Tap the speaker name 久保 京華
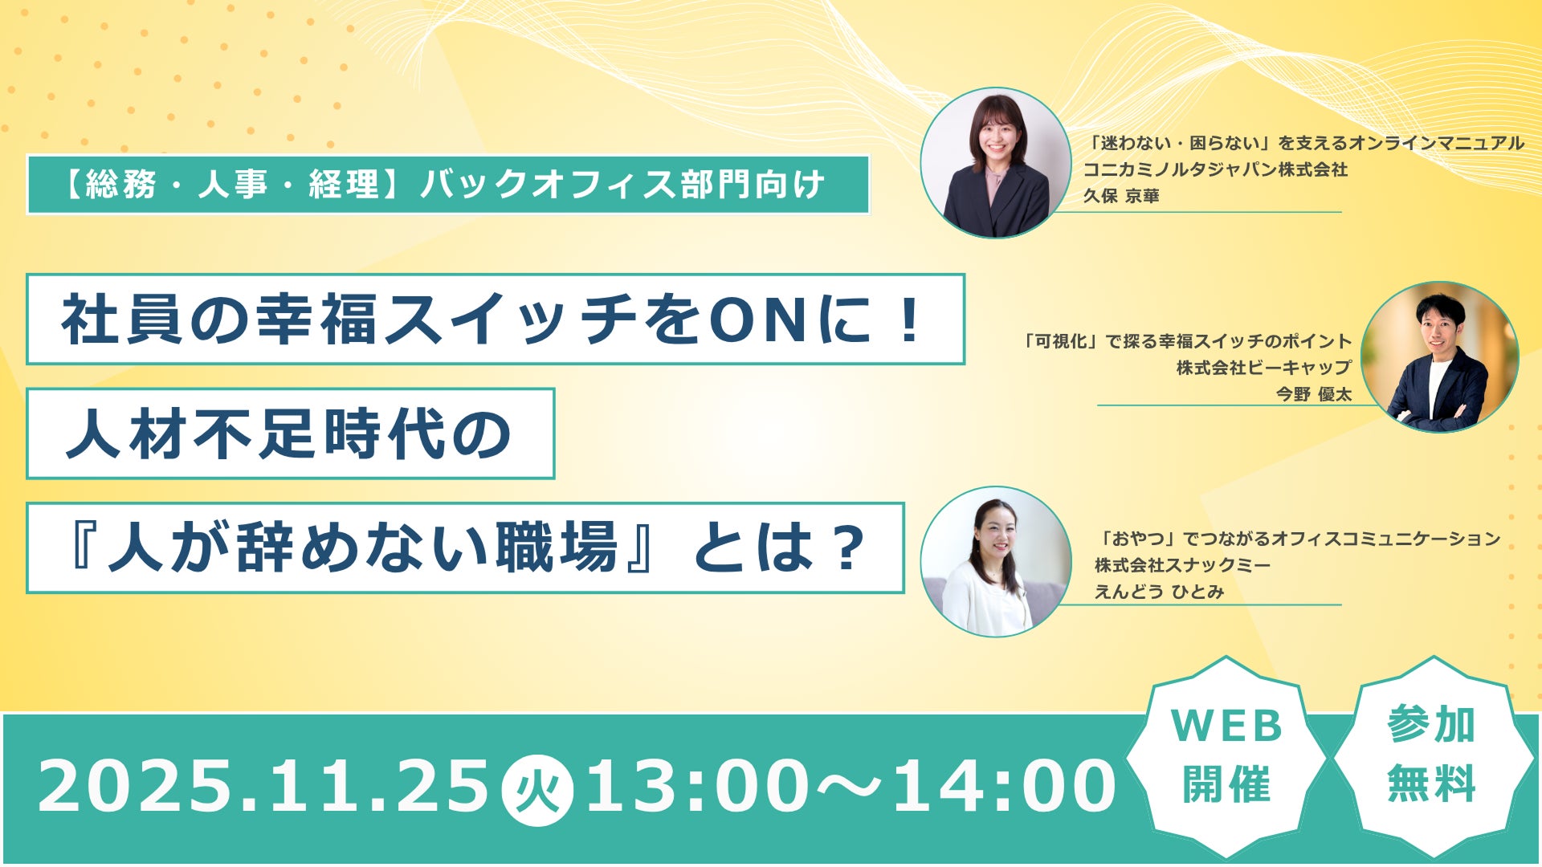[1121, 196]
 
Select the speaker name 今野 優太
[1314, 394]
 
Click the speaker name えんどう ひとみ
[1159, 592]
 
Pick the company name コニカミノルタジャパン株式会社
[1215, 169]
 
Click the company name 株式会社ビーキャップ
[1264, 368]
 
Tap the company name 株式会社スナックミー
[1182, 565]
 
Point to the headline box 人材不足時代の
[290, 434]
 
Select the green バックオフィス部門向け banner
[448, 185]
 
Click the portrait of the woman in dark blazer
[996, 163]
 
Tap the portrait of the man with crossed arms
[1439, 357]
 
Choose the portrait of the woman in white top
[996, 561]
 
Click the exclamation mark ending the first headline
[910, 320]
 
